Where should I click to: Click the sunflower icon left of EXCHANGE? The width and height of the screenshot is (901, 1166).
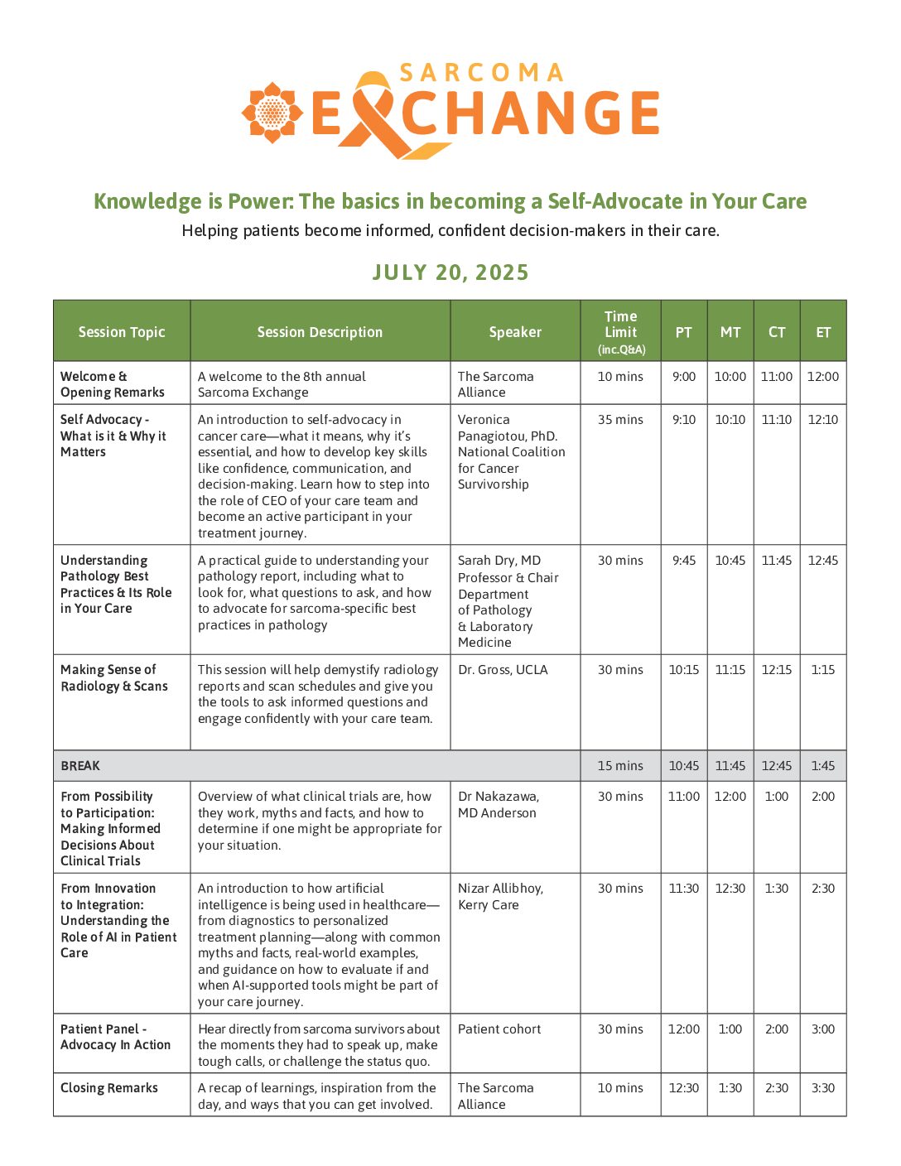point(272,112)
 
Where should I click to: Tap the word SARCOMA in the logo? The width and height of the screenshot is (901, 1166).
point(482,73)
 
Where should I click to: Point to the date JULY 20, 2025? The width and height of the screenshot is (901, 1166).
point(450,272)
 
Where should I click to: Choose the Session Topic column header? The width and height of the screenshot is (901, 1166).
point(122,332)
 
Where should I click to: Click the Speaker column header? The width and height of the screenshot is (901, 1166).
point(515,332)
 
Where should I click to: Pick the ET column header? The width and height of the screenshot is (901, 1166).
point(823,332)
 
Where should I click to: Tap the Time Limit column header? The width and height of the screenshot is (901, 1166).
point(620,331)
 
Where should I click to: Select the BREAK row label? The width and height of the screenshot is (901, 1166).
point(80,766)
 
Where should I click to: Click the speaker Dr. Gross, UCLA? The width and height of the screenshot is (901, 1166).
point(503,670)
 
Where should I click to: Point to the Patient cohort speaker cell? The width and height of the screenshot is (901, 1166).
point(499,1029)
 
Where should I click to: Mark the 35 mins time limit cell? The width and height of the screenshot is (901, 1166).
point(620,420)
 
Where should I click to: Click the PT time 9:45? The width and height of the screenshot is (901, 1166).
point(684,561)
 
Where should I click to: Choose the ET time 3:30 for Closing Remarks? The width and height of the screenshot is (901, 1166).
point(823,1088)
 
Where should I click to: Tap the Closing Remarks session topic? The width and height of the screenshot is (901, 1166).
point(109,1088)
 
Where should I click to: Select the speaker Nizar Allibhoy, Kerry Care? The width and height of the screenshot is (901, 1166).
point(500,897)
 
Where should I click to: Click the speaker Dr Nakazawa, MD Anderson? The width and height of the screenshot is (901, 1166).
point(498,805)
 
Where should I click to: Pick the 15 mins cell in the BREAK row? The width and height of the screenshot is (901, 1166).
point(620,766)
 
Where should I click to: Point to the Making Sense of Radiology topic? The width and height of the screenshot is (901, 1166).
point(114,678)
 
